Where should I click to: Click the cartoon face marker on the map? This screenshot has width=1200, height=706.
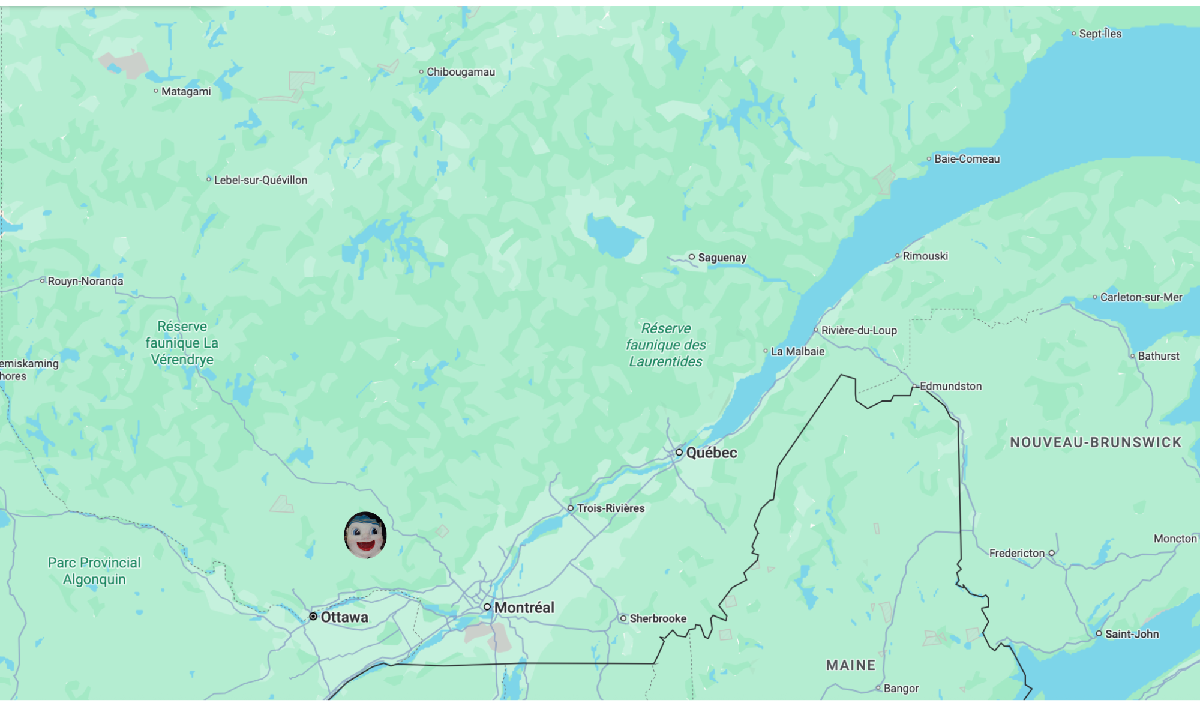(365, 535)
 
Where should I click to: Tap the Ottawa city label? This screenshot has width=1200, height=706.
(344, 617)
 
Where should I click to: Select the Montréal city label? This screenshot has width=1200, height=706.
(524, 608)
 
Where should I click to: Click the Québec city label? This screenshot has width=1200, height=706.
(711, 453)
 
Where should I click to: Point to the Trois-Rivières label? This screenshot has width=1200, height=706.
(610, 508)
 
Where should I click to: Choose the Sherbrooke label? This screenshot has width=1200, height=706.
(658, 618)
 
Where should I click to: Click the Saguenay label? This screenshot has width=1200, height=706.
(722, 258)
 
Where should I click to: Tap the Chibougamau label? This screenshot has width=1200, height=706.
(460, 72)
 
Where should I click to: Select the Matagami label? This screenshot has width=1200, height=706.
(186, 92)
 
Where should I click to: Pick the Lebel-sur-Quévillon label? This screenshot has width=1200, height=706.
(260, 180)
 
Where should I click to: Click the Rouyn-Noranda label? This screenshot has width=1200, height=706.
(85, 281)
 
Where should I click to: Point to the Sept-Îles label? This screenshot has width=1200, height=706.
(1100, 34)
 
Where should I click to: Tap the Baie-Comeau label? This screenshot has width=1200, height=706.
(967, 159)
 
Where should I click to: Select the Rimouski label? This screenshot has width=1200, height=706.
(925, 256)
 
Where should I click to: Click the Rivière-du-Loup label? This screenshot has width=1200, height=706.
(859, 330)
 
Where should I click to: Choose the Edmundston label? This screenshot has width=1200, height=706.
(950, 386)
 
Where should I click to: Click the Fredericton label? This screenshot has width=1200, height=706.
(1016, 553)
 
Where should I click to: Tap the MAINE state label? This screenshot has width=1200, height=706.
(850, 665)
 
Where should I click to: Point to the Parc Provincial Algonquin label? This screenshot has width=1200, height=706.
(94, 571)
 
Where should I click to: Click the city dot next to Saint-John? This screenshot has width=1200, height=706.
(1099, 633)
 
